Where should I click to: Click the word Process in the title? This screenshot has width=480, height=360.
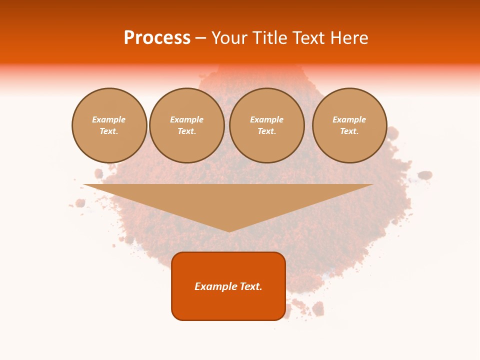[x=157, y=38]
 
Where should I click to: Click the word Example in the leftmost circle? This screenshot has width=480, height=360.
[x=109, y=119]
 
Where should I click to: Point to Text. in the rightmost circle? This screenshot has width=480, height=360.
[x=349, y=131]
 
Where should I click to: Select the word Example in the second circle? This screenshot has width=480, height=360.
[x=187, y=119]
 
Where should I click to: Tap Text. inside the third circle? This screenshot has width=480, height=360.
[x=267, y=131]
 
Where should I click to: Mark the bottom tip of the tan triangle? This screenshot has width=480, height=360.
[x=229, y=230]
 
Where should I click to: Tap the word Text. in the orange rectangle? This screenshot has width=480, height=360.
[x=251, y=286]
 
